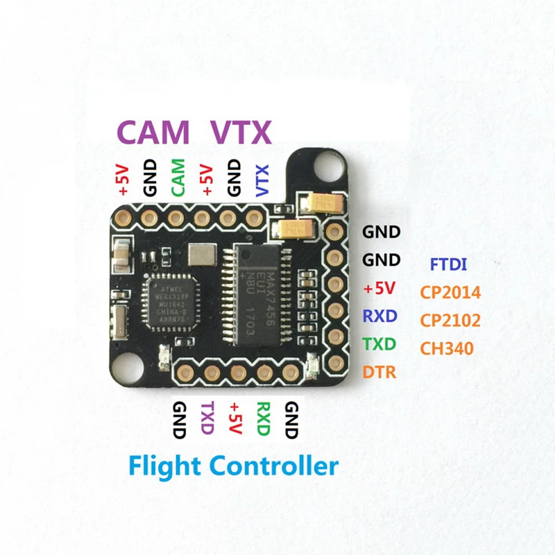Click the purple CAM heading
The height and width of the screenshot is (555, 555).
click(x=153, y=133)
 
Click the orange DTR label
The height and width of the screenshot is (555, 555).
click(x=379, y=372)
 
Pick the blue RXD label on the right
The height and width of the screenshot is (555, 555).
click(x=379, y=316)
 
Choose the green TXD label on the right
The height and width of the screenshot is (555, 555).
click(x=379, y=344)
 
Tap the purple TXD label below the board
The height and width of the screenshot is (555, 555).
click(x=207, y=418)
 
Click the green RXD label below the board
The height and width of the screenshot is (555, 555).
click(x=262, y=418)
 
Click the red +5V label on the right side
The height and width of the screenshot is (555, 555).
click(x=380, y=288)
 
